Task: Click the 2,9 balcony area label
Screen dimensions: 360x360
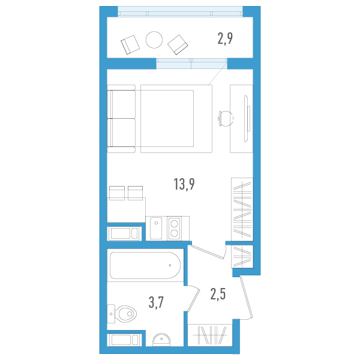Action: point(225,40)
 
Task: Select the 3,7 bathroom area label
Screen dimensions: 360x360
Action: point(157,302)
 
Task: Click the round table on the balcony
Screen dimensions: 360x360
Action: point(154,40)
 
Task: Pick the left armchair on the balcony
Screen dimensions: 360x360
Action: point(130,44)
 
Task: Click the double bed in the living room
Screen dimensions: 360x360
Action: point(176,118)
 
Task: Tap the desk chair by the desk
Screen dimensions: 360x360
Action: point(224,118)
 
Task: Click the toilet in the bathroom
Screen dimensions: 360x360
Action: point(122,313)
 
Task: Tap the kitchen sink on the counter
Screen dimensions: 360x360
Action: point(156,228)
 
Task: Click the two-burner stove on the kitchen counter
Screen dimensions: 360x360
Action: point(176,228)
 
